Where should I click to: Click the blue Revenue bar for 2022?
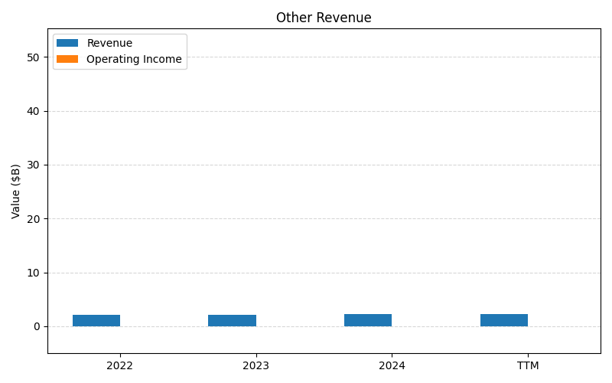(x=96, y=320)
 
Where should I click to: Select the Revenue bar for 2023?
(x=232, y=320)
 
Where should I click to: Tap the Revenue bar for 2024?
(x=368, y=320)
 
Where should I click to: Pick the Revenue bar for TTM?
(x=504, y=320)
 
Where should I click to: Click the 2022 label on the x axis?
(x=120, y=365)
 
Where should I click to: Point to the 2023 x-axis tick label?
(x=256, y=365)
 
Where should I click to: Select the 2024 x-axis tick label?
(x=392, y=365)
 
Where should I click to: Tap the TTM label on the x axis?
(x=528, y=365)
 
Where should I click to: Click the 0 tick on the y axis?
(x=37, y=326)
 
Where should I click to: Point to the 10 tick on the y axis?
(x=34, y=273)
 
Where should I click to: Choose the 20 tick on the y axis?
(x=34, y=218)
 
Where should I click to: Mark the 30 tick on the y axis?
(x=34, y=165)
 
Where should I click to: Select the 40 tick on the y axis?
(x=34, y=111)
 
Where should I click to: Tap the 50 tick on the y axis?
(x=34, y=57)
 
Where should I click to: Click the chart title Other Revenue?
(x=324, y=18)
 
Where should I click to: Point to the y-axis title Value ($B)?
(x=16, y=191)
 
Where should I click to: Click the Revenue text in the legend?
(x=109, y=43)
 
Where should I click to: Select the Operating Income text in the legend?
(x=134, y=59)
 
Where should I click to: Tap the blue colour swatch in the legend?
(x=67, y=43)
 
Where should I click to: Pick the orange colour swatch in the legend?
(x=67, y=59)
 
